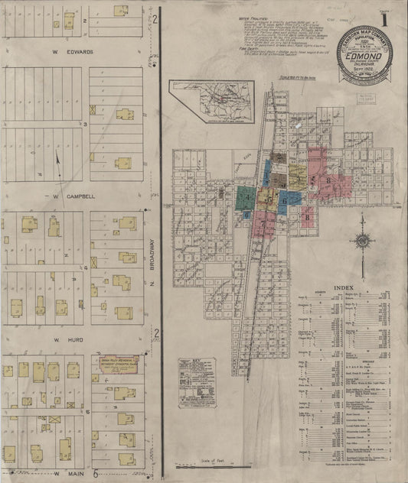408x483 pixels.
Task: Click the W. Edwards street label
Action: click(x=73, y=52)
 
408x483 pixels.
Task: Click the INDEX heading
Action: click(x=344, y=288)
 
